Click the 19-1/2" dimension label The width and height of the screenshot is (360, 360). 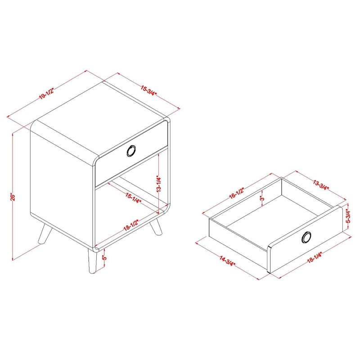click(46, 94)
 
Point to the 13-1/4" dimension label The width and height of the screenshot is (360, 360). click(159, 184)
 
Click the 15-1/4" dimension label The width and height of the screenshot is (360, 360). click(133, 198)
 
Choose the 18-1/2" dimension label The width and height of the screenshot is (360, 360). click(131, 225)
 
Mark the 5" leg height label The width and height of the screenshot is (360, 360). click(105, 257)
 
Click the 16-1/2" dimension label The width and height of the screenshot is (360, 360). click(236, 193)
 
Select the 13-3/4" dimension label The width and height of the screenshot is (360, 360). click(321, 185)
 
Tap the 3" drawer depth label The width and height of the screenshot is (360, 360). click(262, 198)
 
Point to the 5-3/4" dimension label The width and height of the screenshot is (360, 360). click(348, 216)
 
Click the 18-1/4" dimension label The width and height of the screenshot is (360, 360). click(315, 257)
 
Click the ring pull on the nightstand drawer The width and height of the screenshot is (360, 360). click(131, 151)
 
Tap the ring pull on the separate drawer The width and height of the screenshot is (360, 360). click(306, 237)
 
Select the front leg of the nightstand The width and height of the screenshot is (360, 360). click(93, 261)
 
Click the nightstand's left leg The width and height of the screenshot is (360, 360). click(45, 234)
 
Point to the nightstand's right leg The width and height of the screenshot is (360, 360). click(156, 226)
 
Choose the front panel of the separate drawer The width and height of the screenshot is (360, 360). click(306, 239)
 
